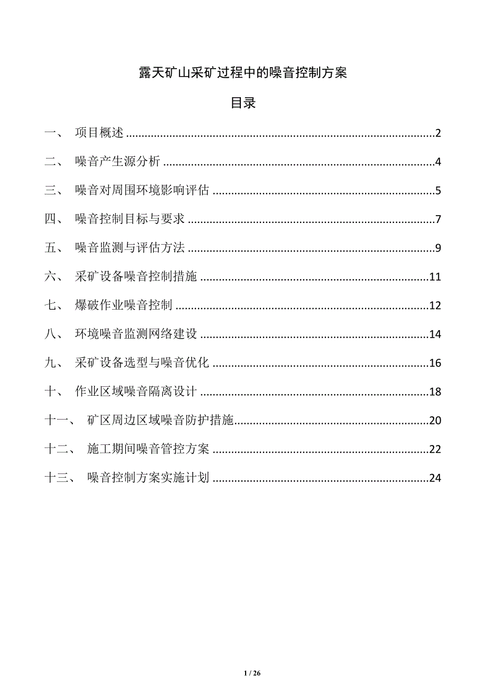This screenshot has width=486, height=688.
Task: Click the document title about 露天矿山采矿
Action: coord(243,73)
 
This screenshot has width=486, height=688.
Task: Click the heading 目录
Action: coord(243,103)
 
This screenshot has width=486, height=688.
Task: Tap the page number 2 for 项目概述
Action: coord(438,133)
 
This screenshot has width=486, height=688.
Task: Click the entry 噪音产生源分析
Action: coord(117,162)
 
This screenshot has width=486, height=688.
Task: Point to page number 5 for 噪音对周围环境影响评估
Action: coord(438,191)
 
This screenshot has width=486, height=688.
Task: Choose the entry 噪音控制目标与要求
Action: coord(129,219)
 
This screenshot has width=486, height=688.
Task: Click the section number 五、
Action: coord(54,248)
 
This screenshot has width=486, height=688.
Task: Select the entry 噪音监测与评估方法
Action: coord(129,248)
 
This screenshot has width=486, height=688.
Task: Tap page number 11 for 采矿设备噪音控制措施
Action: coord(435,277)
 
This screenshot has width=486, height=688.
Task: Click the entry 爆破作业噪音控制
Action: coord(123,305)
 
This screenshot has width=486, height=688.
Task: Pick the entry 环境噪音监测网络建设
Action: coord(136,334)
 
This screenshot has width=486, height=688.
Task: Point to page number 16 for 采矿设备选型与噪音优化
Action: coord(435,363)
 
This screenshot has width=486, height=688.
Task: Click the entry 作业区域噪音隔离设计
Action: coord(136,392)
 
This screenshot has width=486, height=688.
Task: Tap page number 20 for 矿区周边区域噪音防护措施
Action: coord(435,421)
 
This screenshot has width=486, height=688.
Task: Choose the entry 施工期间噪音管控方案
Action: coord(148,449)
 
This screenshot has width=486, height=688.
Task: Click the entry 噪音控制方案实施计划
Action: coord(148,478)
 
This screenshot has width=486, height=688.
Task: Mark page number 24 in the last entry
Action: coord(435,478)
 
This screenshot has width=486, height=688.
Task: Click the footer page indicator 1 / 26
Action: coord(253,673)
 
